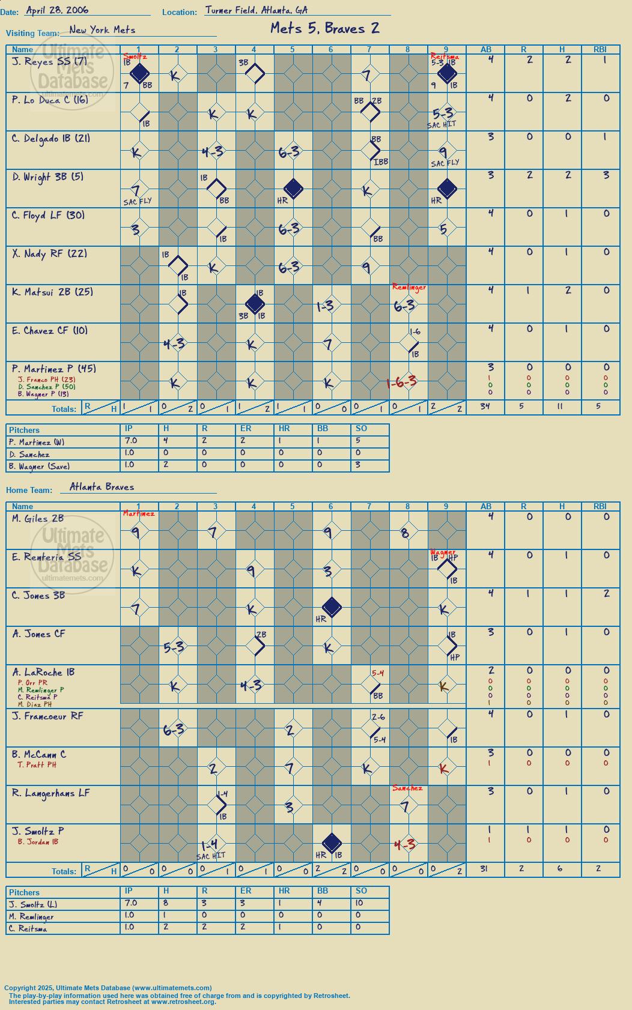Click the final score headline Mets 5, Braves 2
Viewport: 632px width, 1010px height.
click(325, 29)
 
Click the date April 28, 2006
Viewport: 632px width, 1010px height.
click(57, 10)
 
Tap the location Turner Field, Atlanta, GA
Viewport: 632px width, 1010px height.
click(257, 10)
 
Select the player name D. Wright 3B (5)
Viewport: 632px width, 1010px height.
click(48, 177)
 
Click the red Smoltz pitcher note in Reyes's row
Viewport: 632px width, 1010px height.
click(135, 57)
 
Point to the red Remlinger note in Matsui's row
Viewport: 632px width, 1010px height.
click(409, 287)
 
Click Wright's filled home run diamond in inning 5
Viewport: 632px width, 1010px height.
click(293, 189)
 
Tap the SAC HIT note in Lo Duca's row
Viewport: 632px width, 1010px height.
click(442, 125)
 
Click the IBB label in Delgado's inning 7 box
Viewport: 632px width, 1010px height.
click(381, 162)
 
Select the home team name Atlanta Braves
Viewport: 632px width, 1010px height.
click(102, 487)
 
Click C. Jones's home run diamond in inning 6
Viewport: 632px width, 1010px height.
click(332, 607)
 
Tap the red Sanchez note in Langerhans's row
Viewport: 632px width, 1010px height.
click(407, 788)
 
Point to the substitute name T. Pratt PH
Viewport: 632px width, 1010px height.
click(37, 765)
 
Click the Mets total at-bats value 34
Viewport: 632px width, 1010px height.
click(485, 407)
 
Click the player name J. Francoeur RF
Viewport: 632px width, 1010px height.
click(47, 716)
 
